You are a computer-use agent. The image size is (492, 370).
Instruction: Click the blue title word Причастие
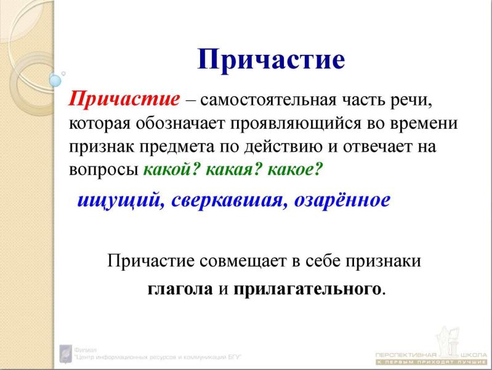click(x=270, y=60)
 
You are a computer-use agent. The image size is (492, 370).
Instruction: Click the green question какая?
click(x=228, y=170)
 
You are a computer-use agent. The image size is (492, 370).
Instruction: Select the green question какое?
click(x=289, y=170)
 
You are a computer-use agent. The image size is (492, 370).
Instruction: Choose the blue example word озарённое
click(x=342, y=201)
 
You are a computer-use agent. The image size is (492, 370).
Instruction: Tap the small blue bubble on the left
click(x=55, y=80)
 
